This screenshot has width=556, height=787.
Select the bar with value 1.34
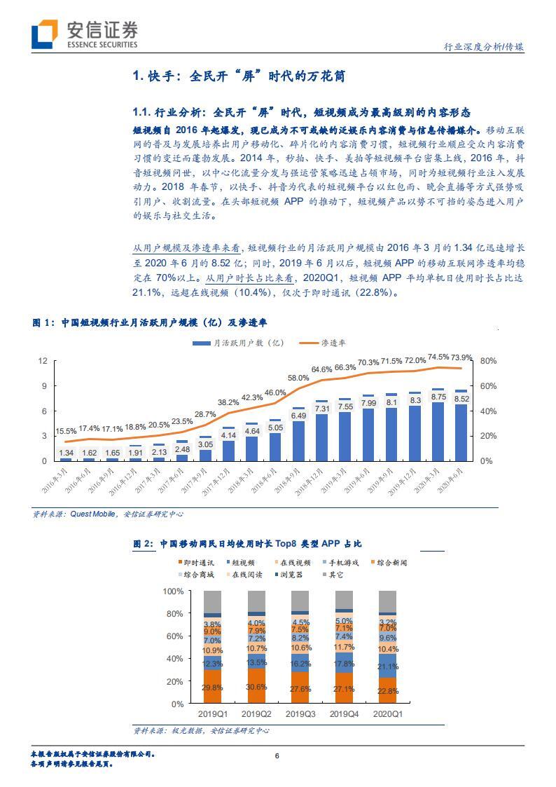click(66, 458)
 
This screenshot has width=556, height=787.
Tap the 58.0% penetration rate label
click(298, 378)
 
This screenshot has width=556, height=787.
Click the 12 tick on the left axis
click(43, 361)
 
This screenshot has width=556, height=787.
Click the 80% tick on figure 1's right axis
click(487, 361)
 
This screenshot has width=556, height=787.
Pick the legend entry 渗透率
click(333, 343)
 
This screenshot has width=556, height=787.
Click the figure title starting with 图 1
click(149, 322)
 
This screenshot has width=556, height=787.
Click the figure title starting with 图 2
click(238, 544)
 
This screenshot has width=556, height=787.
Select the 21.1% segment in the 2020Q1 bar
click(387, 667)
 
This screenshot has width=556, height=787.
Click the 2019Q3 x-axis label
click(300, 713)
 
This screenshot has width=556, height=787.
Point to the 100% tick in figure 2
click(172, 591)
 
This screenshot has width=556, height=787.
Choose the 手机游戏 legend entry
click(343, 562)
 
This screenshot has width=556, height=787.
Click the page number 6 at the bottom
click(277, 756)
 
